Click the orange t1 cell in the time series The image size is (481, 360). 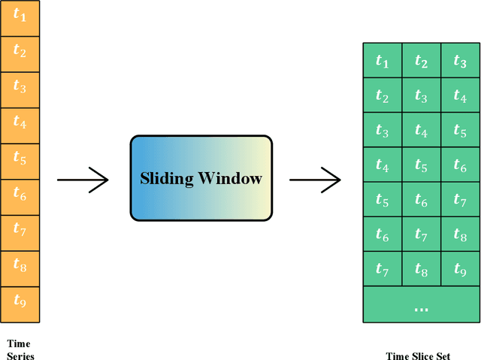[20, 16]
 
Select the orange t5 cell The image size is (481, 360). [20, 160]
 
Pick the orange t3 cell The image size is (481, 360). [20, 88]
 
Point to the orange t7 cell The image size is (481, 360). [20, 231]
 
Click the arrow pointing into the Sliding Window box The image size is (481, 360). [83, 179]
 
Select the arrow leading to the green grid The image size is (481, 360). [315, 179]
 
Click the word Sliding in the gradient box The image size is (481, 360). [165, 179]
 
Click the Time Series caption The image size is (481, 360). [20, 349]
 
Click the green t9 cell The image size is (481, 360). [460, 269]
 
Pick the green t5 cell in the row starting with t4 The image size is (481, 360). [421, 165]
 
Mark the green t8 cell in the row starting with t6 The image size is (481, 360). [460, 234]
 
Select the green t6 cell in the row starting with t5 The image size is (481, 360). [421, 200]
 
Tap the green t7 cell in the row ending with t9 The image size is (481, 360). [383, 269]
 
